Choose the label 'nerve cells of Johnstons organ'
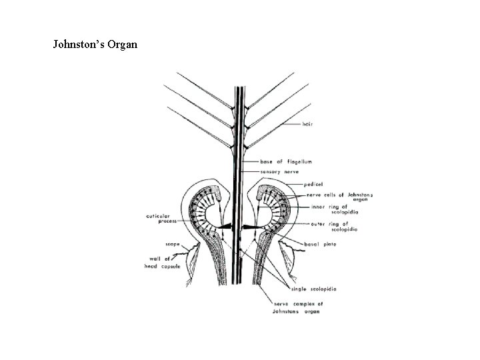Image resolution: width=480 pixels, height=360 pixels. pos(340,197)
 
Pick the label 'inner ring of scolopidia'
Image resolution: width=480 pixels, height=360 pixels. pos(331,209)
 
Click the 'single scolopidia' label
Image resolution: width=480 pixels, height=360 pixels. pos(313,289)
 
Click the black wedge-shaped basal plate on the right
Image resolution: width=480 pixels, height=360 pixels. pos(253,227)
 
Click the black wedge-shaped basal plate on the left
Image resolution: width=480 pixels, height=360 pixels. pos(223,227)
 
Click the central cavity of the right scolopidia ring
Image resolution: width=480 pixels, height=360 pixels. pos(261,213)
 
